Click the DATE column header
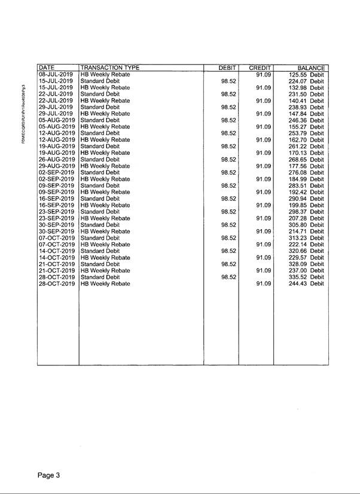coord(46,68)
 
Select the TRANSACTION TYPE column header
coord(105,68)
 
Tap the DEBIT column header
coord(227,68)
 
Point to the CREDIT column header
coord(260,68)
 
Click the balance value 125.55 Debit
coord(306,74)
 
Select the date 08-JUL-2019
coord(56,74)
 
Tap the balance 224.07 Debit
coord(306,81)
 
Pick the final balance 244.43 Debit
coord(306,283)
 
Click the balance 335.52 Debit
coord(306,277)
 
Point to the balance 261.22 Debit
coord(306,146)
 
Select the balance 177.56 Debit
coord(306,166)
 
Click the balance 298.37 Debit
coord(306,212)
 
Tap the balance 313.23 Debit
coord(306,237)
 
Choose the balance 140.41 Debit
coord(306,100)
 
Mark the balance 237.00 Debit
coord(306,270)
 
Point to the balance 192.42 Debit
coord(306,192)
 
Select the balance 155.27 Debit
coord(306,127)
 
